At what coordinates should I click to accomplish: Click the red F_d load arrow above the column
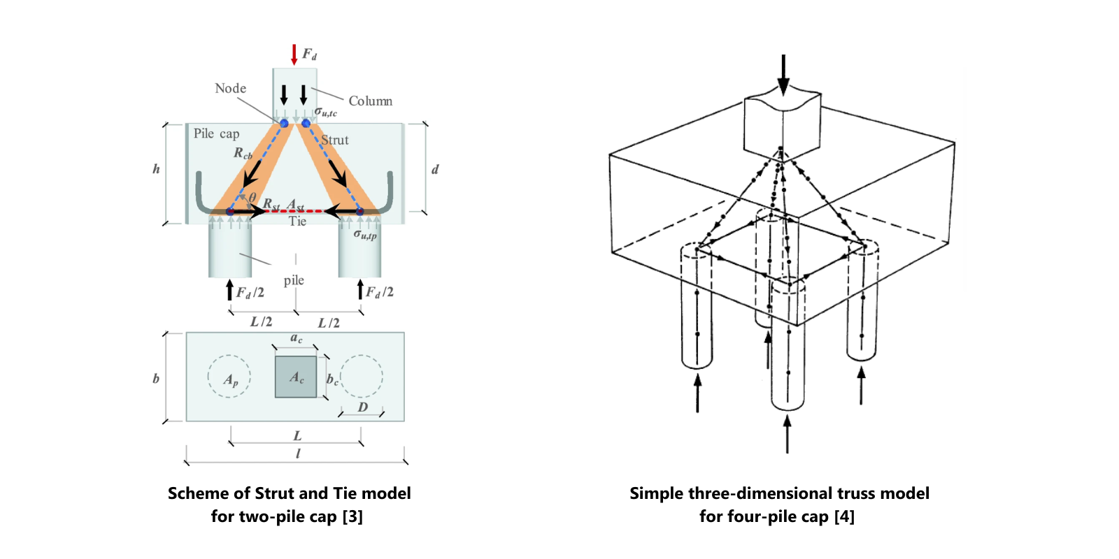[294, 55]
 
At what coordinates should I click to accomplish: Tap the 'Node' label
[230, 89]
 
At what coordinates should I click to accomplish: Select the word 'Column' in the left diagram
[370, 101]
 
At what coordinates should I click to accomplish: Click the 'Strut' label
[335, 140]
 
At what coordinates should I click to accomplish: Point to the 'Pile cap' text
[216, 133]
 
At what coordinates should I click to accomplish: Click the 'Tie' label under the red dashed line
[297, 222]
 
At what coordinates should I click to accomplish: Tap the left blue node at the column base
[284, 124]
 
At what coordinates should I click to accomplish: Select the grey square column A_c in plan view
[296, 377]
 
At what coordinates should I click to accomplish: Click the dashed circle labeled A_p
[229, 377]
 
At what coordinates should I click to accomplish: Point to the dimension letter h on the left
[156, 169]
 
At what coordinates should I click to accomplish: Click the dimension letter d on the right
[435, 169]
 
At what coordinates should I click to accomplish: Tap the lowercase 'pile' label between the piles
[294, 280]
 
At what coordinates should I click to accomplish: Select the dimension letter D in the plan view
[362, 407]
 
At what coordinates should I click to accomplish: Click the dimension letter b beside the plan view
[156, 378]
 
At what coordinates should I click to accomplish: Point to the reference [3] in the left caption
[352, 516]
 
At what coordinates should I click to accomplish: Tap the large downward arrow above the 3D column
[783, 74]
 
